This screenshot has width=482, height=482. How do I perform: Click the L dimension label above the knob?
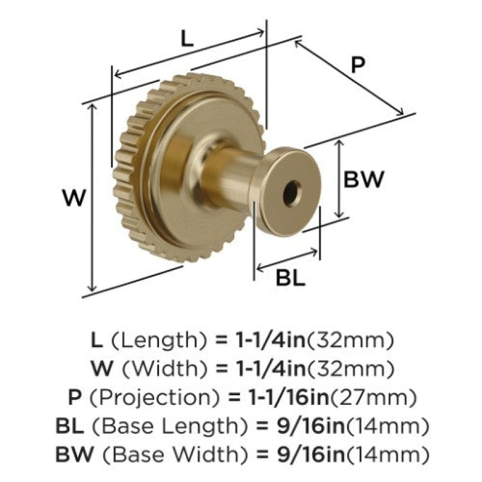[x=187, y=39]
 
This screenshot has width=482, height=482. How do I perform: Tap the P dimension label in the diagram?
[x=358, y=65]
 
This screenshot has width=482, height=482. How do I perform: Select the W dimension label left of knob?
[x=74, y=198]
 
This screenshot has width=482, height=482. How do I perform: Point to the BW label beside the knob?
[x=364, y=179]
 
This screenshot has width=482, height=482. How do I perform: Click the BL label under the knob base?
[x=290, y=278]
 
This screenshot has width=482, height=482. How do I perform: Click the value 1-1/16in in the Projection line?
[x=288, y=397]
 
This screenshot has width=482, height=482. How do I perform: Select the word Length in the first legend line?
[x=158, y=340]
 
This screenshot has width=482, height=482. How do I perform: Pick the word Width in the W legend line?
[x=165, y=369]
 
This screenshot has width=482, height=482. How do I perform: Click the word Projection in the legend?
[x=155, y=397]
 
